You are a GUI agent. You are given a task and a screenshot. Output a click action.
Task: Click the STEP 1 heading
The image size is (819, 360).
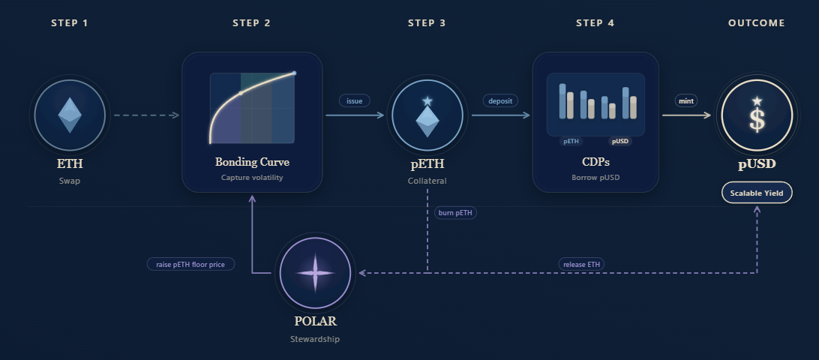point(70,23)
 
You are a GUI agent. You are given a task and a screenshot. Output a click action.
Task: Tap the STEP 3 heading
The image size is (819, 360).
point(427,23)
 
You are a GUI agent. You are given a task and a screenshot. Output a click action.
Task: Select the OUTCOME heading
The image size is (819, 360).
point(756,23)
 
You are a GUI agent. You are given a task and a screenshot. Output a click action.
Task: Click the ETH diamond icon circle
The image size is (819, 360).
point(70,115)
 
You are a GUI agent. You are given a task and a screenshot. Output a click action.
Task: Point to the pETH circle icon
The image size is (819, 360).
point(427,115)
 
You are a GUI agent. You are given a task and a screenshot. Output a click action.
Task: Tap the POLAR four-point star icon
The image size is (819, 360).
point(315,273)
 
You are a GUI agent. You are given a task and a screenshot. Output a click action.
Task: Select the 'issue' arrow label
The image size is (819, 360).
point(354,100)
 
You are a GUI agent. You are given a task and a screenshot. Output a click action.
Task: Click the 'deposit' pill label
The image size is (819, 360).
point(500,100)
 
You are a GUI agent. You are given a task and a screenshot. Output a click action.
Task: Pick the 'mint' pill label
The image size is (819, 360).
point(686,100)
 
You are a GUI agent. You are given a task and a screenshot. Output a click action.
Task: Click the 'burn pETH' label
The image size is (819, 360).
point(455,213)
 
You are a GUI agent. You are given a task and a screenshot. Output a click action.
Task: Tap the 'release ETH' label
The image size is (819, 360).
point(582,264)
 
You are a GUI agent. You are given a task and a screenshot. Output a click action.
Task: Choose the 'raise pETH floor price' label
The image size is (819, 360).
point(190,264)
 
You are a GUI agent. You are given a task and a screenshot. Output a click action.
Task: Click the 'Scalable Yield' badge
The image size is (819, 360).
point(756,193)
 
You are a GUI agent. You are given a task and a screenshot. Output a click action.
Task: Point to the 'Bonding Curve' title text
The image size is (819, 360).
point(252,162)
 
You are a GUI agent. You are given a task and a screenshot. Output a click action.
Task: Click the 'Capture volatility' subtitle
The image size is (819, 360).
point(252,178)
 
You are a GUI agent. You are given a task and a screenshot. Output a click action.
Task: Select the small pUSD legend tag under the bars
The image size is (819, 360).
point(620,141)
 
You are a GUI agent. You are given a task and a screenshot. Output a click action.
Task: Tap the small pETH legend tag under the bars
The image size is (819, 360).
point(571,141)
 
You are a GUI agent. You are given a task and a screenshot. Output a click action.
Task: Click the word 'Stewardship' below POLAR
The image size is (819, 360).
point(315,339)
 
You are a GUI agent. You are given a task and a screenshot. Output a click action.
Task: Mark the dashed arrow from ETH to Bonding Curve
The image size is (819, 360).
point(145,115)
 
